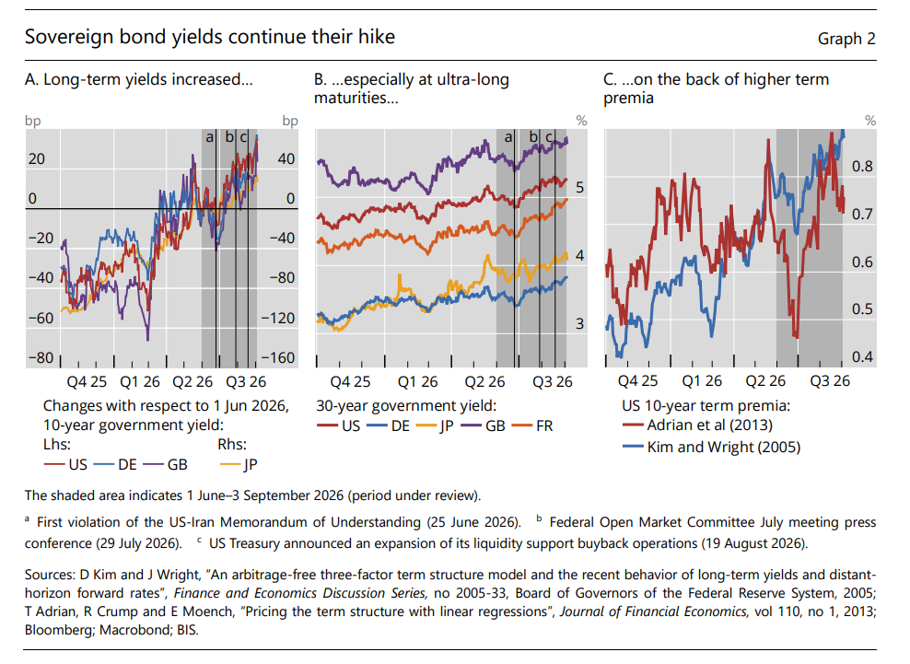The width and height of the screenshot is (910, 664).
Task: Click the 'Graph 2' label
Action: click(x=846, y=39)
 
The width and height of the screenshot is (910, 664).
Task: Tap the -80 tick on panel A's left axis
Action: click(x=41, y=357)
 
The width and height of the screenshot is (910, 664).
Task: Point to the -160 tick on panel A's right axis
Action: click(x=278, y=357)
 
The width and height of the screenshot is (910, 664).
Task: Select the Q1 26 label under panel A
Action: click(x=140, y=381)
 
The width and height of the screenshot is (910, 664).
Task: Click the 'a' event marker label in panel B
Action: click(x=508, y=137)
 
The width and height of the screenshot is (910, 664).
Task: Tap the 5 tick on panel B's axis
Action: click(x=579, y=188)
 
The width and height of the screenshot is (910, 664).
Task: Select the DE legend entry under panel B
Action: click(x=389, y=426)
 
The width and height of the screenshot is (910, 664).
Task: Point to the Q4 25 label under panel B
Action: click(x=350, y=381)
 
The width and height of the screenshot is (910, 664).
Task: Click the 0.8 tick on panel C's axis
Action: click(x=862, y=167)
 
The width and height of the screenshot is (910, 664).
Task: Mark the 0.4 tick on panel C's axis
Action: click(x=862, y=357)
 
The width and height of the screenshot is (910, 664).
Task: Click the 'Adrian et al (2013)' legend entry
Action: click(x=697, y=425)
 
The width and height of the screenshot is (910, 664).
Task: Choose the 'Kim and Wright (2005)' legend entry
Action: click(x=711, y=447)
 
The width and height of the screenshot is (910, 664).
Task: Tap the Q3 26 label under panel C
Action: click(x=830, y=380)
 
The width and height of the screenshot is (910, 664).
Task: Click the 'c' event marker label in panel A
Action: click(x=244, y=137)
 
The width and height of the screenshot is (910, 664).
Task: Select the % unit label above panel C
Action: click(x=870, y=121)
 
